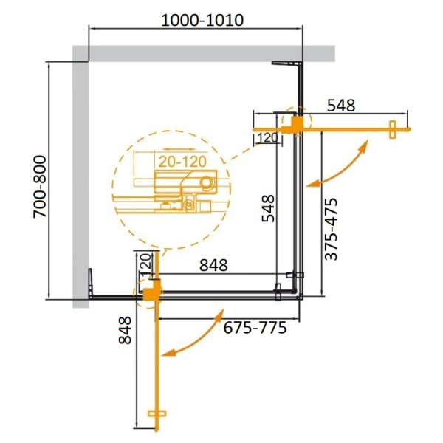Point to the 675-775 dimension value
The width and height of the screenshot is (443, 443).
(x=254, y=327)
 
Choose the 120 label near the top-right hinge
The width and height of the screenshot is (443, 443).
(x=267, y=137)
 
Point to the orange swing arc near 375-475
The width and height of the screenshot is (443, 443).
(x=340, y=166)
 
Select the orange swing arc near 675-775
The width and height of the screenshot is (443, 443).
(x=196, y=343)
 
